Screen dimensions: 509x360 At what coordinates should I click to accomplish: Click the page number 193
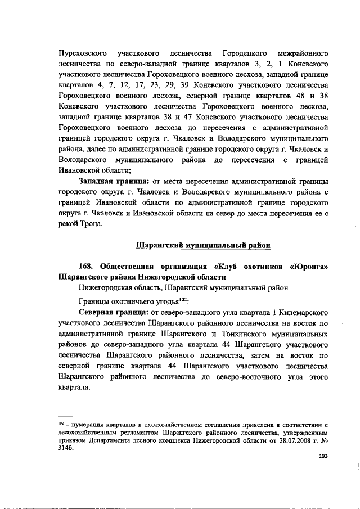coord(323,457)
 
